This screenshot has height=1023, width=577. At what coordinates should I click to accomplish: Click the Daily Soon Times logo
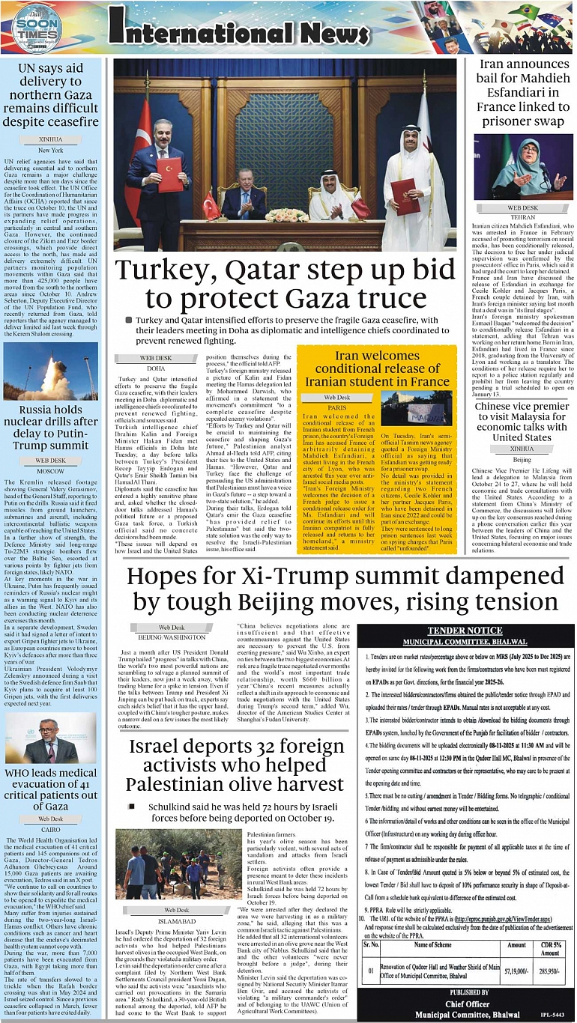(x=35, y=28)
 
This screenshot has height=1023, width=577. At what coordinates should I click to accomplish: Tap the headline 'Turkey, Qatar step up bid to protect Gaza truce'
(x=284, y=285)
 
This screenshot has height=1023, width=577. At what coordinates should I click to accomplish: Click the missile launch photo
(x=50, y=370)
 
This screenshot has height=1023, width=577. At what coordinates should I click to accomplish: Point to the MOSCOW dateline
(x=50, y=471)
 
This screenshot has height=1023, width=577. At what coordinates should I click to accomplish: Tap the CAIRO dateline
(x=50, y=829)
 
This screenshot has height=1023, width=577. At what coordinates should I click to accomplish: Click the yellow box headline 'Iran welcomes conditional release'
(x=376, y=368)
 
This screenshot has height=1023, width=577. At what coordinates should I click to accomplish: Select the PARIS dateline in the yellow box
(x=336, y=407)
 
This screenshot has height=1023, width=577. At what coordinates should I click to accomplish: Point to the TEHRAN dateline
(x=522, y=216)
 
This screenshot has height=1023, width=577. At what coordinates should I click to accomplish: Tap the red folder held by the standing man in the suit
(x=169, y=174)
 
